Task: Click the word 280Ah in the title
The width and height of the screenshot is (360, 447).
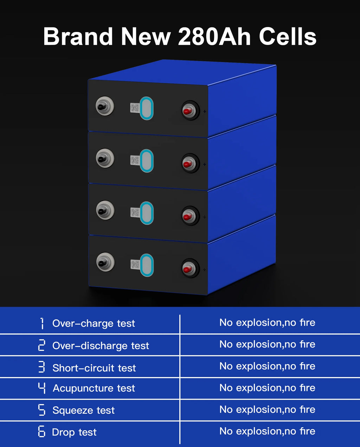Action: tap(214, 37)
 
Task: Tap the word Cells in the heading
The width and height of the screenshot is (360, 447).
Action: tap(288, 37)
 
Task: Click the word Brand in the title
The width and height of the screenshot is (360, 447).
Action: tap(78, 37)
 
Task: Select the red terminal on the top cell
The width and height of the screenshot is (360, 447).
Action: tap(190, 110)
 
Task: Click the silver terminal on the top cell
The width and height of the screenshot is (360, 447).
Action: tap(105, 106)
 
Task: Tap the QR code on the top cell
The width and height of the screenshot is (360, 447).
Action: tap(135, 108)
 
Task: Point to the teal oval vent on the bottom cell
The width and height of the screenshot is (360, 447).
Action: tap(147, 265)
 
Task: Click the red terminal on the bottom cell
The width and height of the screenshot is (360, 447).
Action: tap(190, 268)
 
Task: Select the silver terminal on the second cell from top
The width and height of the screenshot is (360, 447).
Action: tap(105, 158)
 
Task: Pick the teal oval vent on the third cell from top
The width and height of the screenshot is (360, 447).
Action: tap(147, 213)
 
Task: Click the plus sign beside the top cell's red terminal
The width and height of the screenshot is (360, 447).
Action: tap(205, 111)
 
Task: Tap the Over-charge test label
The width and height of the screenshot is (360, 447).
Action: tap(94, 323)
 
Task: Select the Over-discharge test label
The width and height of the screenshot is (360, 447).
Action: tap(101, 346)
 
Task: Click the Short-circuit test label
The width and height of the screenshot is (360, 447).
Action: tap(94, 368)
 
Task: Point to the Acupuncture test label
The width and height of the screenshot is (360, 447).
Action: tap(94, 388)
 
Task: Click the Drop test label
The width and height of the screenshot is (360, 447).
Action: tap(74, 432)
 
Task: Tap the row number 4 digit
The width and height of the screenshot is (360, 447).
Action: tap(41, 388)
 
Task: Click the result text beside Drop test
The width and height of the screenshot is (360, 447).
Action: tap(267, 431)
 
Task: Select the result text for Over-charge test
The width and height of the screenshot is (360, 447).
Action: tap(267, 323)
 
